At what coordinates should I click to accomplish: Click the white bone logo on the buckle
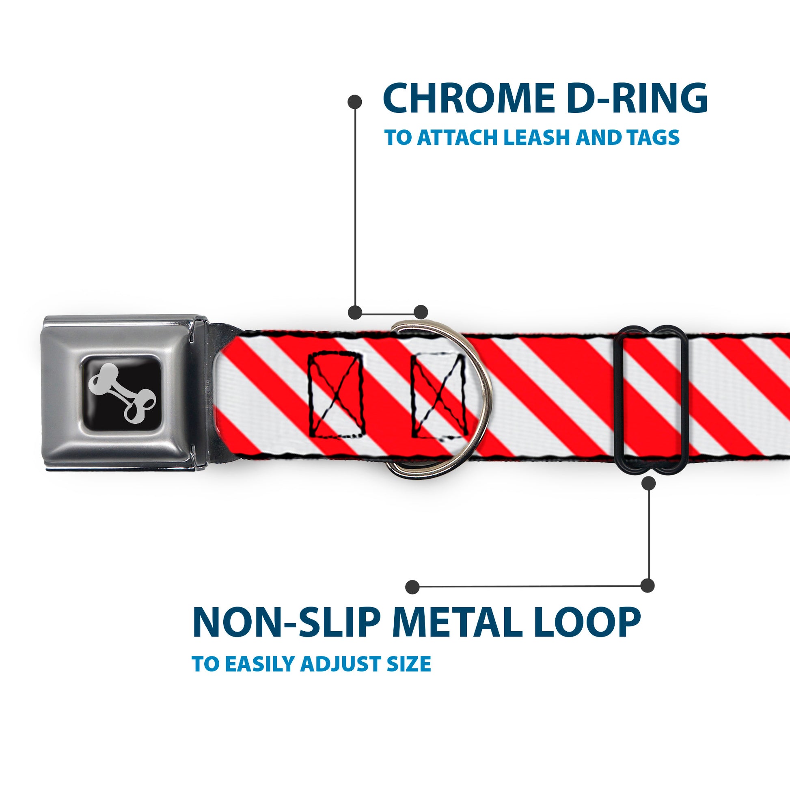pyautogui.click(x=122, y=393)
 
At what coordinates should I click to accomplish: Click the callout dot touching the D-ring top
pyautogui.click(x=421, y=312)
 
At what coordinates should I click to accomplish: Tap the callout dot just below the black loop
pyautogui.click(x=648, y=483)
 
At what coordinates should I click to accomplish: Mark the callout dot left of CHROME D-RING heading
pyautogui.click(x=354, y=102)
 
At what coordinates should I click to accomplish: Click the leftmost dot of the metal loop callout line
pyautogui.click(x=412, y=587)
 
